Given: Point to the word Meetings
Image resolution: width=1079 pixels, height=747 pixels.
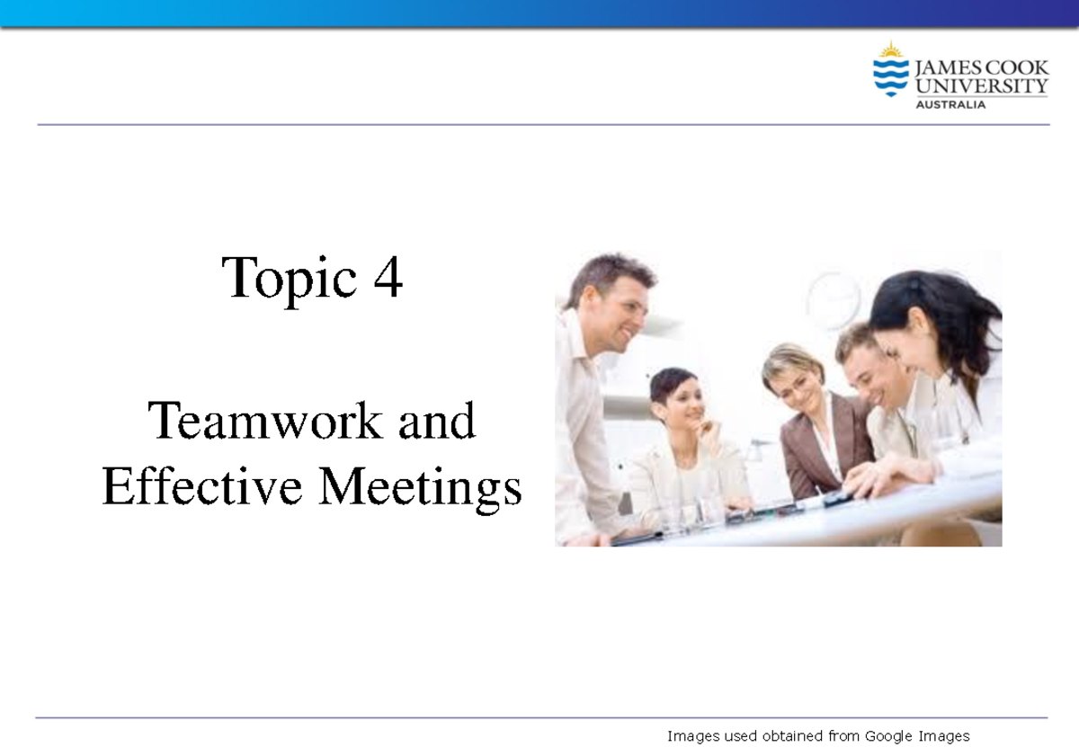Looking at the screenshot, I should [x=420, y=489].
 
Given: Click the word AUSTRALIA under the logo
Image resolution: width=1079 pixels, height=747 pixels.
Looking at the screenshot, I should [x=950, y=104].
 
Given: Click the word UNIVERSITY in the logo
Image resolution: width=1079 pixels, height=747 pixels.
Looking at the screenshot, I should [x=981, y=86].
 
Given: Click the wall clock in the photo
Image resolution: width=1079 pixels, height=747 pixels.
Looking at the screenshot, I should [x=833, y=300].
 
